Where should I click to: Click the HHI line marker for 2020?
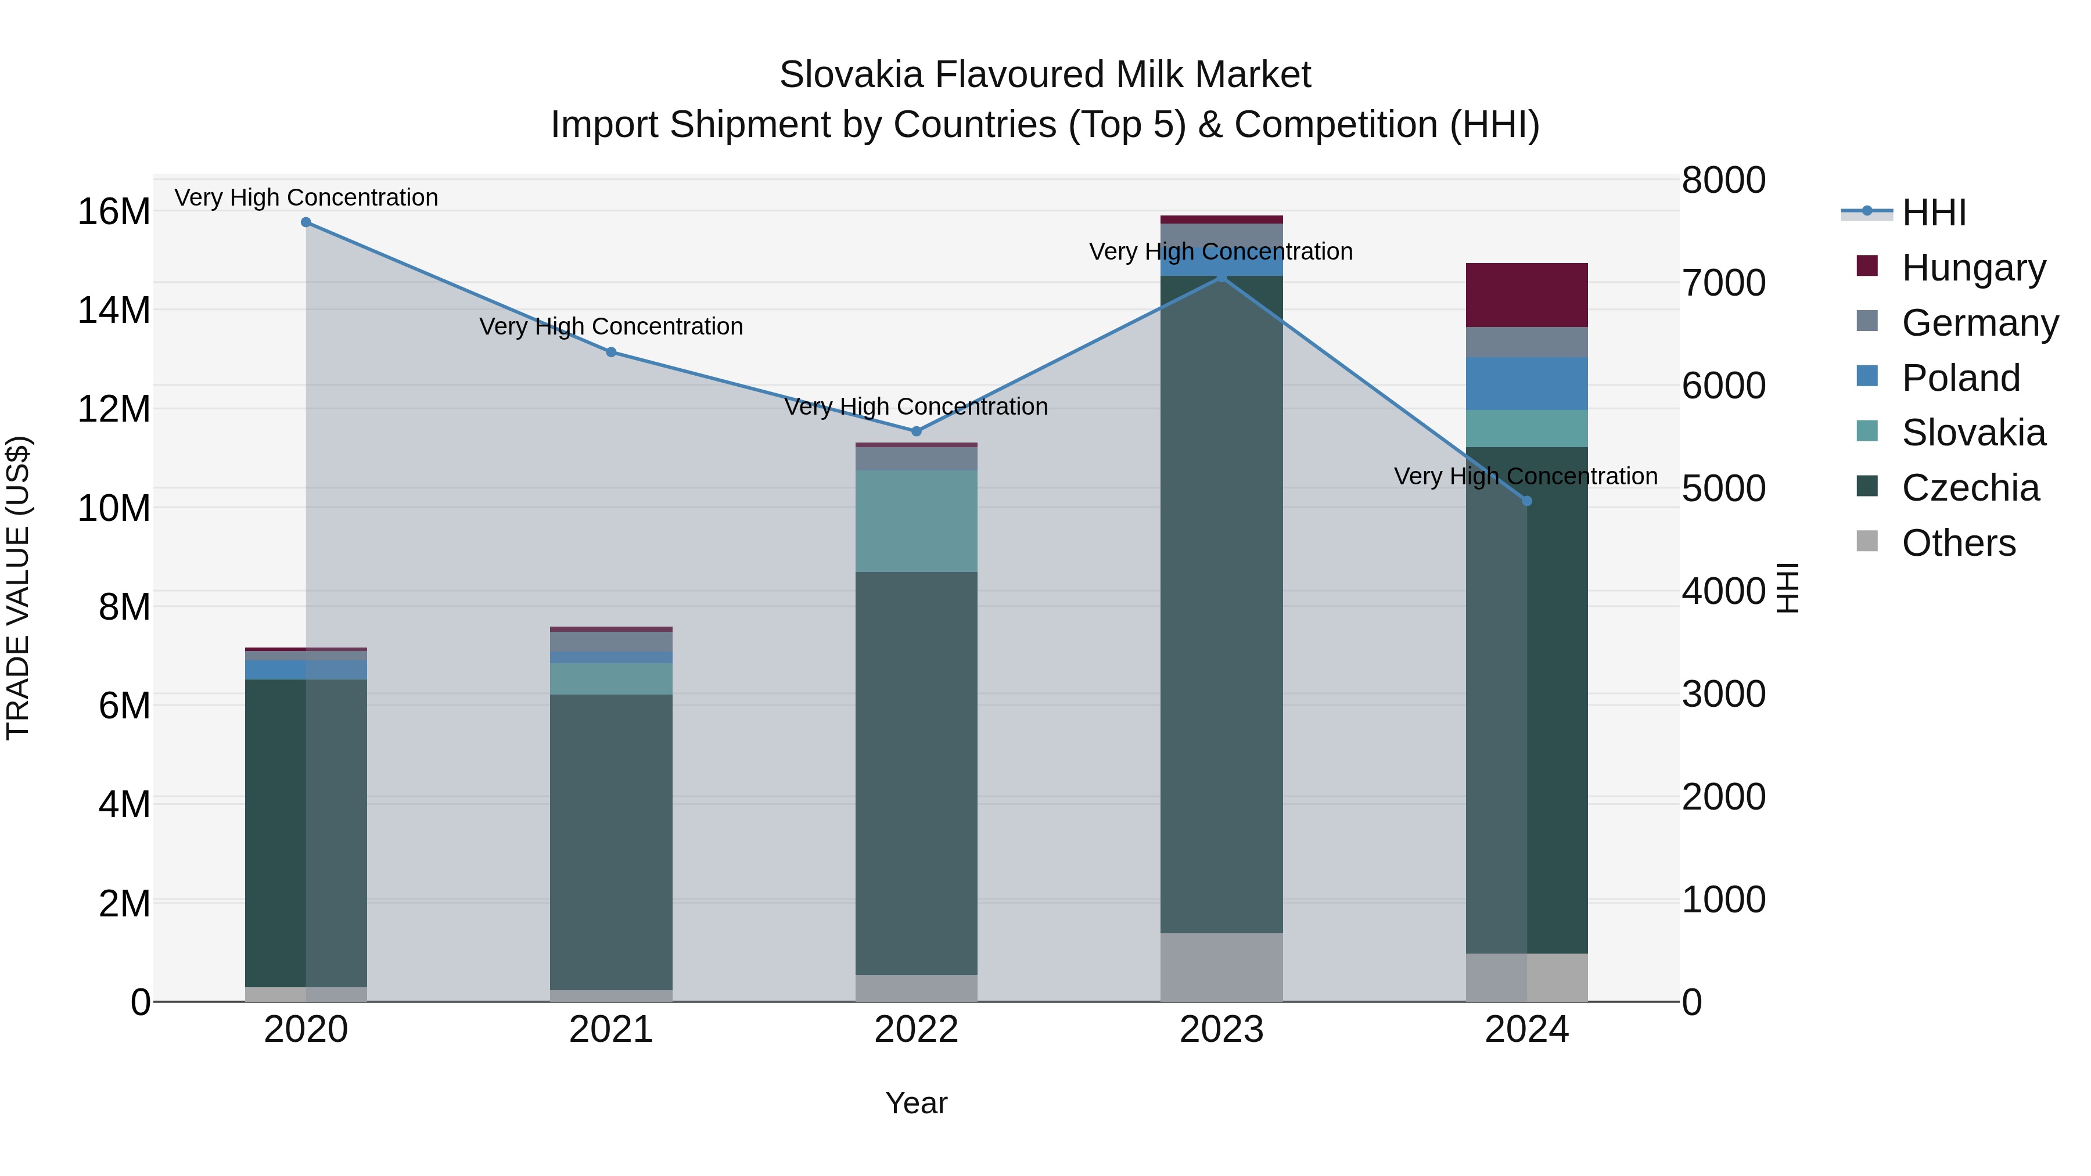pyautogui.click(x=306, y=222)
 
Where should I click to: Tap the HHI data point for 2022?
pyautogui.click(x=917, y=431)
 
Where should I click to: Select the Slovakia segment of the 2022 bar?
pyautogui.click(x=917, y=521)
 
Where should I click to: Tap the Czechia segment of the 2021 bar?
pyautogui.click(x=611, y=841)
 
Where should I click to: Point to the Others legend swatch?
pyautogui.click(x=1867, y=541)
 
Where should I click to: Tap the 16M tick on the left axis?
pyautogui.click(x=114, y=212)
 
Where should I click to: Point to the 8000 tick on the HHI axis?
pyautogui.click(x=1723, y=180)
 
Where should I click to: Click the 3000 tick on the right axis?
pyautogui.click(x=1723, y=695)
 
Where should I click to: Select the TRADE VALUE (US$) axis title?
pyautogui.click(x=19, y=588)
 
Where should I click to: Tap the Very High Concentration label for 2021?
pyautogui.click(x=611, y=326)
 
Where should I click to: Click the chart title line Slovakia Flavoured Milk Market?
pyautogui.click(x=1045, y=75)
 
